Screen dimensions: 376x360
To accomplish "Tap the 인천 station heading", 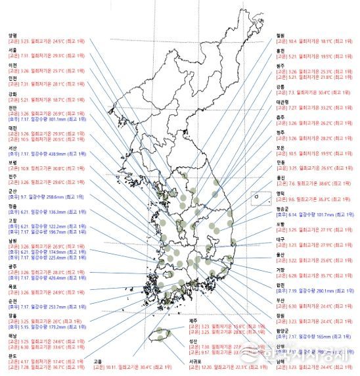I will pyautogui.click(x=12, y=78).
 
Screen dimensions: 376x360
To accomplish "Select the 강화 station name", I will pyautogui.click(x=12, y=93).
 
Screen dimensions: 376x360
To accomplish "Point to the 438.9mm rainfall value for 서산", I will pyautogui.click(x=57, y=153).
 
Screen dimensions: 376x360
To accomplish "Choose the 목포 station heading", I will pyautogui.click(x=12, y=286).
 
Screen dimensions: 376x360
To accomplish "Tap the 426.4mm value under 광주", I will pyautogui.click(x=57, y=278).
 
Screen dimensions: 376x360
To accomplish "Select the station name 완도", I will pyautogui.click(x=12, y=356).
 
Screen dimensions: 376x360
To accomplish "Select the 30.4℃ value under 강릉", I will pyautogui.click(x=319, y=93).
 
